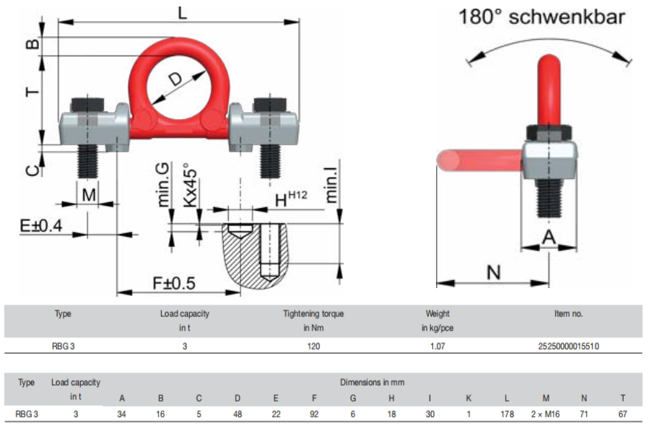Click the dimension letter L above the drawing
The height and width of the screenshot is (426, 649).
tap(183, 13)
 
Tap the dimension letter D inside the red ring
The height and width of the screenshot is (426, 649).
tap(176, 79)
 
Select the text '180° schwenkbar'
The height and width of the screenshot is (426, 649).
tap(542, 17)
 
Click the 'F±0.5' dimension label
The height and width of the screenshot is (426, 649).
tap(174, 283)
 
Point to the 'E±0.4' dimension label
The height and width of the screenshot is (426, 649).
tap(41, 225)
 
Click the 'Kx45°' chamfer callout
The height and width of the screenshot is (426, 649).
tap(190, 185)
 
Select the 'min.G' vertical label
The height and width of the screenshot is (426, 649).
tap(162, 185)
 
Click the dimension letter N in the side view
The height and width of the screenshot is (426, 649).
tap(493, 272)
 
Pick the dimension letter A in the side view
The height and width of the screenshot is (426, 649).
tap(549, 237)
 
